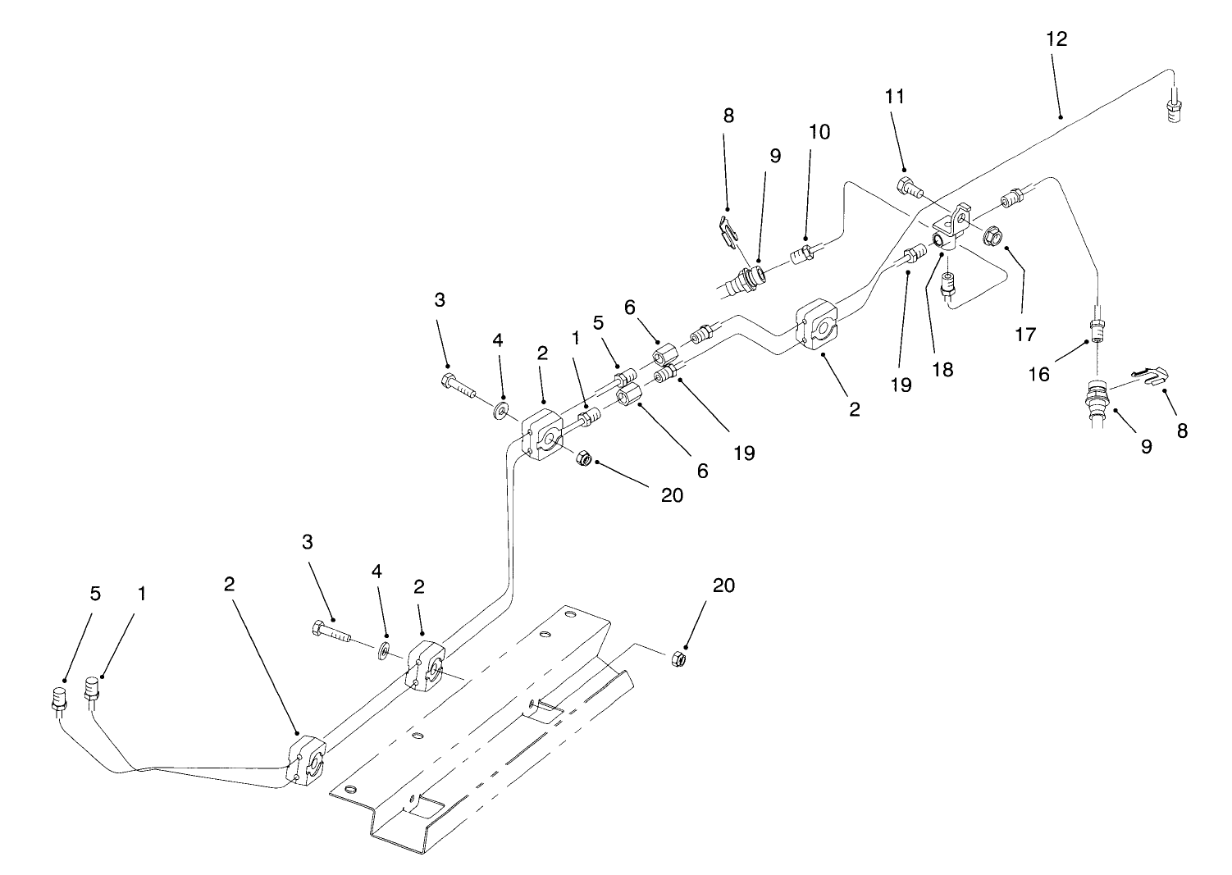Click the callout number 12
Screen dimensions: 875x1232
click(1057, 39)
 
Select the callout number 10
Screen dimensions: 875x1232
click(819, 132)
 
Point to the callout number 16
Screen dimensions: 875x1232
click(1038, 374)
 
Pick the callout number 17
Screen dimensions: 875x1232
click(1024, 335)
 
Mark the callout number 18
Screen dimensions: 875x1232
click(943, 369)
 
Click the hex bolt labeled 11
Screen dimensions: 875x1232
click(909, 186)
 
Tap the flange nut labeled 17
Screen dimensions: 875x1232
click(992, 236)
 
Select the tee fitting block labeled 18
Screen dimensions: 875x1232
click(951, 232)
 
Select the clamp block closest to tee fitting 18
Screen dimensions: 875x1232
click(818, 327)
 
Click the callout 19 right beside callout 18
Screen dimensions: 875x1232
click(901, 385)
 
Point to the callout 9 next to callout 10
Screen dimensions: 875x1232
click(775, 155)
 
